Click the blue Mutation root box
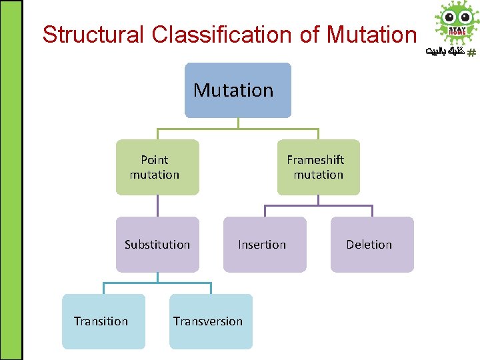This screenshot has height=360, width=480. tap(237, 90)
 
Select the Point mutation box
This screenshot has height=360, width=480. tap(157, 167)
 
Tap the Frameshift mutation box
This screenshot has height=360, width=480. tap(318, 167)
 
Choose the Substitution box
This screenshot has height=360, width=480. tap(157, 245)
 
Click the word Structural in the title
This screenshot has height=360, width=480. tap(93, 35)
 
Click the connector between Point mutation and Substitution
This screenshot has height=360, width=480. tap(157, 205)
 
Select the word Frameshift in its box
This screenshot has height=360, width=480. tap(315, 160)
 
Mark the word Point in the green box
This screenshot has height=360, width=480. tap(155, 160)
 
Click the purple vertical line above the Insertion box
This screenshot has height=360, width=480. tap(265, 211)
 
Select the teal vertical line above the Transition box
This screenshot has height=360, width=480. tap(103, 288)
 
